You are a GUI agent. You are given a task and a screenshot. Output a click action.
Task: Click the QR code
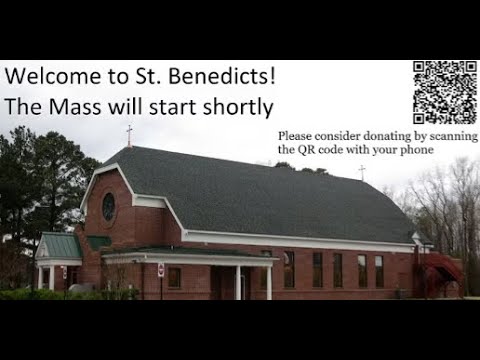[445, 92]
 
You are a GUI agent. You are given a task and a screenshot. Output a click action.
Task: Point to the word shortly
[238, 106]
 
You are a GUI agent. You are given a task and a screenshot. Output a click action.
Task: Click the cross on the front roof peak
[128, 135]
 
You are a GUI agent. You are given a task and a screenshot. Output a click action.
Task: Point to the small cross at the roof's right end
[362, 172]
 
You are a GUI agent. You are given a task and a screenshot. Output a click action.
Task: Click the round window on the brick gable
[108, 206]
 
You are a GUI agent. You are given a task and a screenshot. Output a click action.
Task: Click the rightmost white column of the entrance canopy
[268, 281]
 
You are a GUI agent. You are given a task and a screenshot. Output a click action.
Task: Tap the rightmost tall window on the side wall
[380, 270]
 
